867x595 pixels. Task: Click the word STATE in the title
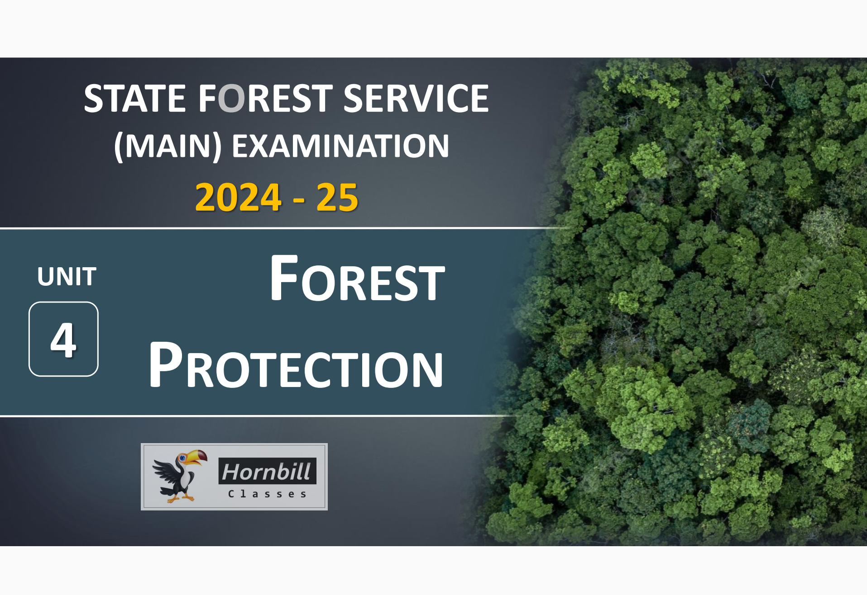tap(134, 99)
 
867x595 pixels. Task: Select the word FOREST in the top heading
tap(266, 99)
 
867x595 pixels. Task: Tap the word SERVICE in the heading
tap(416, 99)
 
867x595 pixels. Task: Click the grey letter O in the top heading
tap(231, 99)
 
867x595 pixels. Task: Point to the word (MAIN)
tap(168, 146)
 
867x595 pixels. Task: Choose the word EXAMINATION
tap(340, 146)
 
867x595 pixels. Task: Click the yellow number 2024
tap(238, 197)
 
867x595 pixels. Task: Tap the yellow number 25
tap(337, 197)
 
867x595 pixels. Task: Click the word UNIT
tap(67, 277)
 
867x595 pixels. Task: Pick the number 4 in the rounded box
tap(63, 340)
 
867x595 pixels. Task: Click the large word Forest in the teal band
tap(357, 279)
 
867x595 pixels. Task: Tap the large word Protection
tap(296, 365)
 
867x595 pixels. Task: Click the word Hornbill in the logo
tap(267, 472)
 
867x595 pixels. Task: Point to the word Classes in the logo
tap(267, 494)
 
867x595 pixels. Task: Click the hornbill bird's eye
tap(182, 458)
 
